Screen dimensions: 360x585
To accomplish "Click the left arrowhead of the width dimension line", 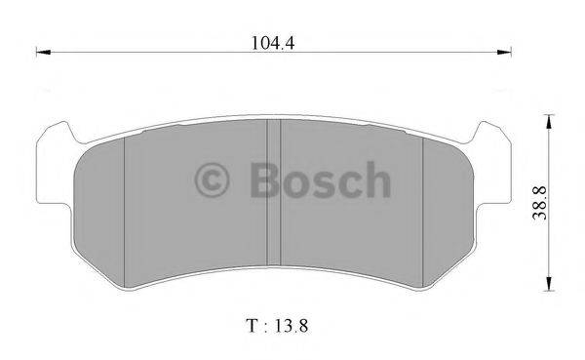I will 43,51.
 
